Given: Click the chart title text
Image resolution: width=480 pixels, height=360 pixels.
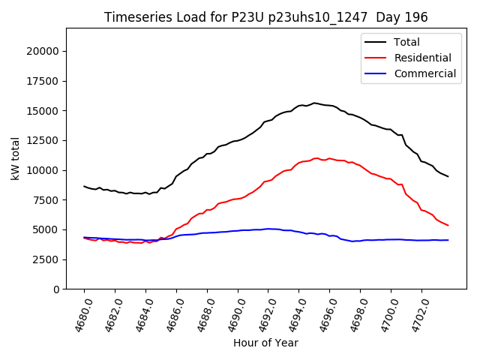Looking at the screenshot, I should tap(266, 17).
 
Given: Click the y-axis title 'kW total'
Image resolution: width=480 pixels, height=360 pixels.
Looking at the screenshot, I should tap(16, 158).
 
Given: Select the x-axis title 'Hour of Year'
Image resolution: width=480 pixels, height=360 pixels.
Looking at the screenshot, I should tap(265, 343).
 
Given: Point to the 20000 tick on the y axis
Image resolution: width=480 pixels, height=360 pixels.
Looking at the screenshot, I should tap(43, 51).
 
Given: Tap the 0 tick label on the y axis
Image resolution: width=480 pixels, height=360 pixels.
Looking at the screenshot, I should tap(56, 289).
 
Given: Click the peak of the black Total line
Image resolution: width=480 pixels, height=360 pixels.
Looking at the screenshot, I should tap(314, 103).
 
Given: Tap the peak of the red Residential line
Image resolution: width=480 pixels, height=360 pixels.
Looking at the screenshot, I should tap(316, 158).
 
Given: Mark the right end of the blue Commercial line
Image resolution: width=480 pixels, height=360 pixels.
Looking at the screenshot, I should tap(448, 240).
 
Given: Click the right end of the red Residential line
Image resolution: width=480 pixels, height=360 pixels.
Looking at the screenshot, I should tap(448, 225).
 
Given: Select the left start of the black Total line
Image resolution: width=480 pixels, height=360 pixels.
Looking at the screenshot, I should tap(84, 186).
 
